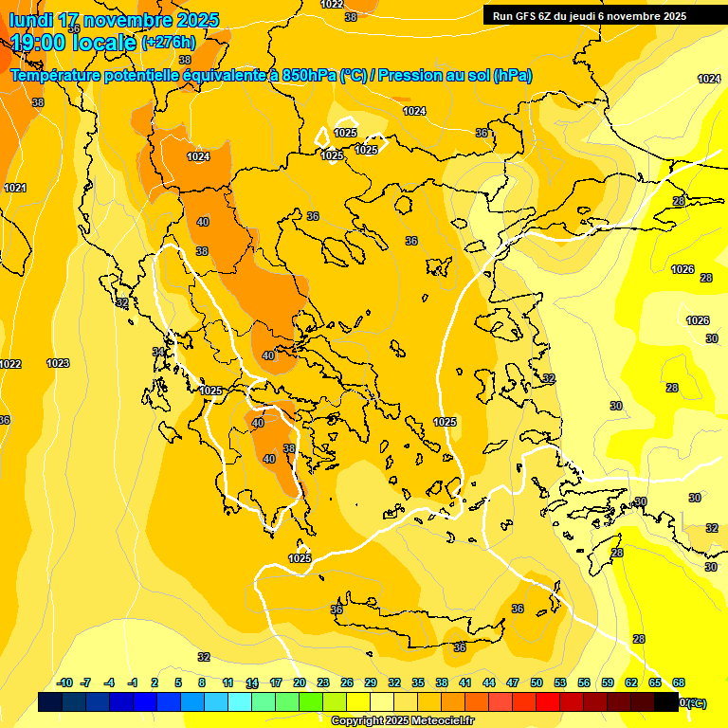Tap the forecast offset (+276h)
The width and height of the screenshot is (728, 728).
point(169,43)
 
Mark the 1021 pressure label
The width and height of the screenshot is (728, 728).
point(15,188)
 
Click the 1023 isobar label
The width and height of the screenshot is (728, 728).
point(58,363)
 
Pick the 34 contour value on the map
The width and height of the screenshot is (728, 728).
point(159,352)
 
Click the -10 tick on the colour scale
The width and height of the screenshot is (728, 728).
point(65,682)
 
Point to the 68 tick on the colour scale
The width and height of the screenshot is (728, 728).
point(679,682)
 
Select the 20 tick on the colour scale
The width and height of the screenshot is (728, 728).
point(300,682)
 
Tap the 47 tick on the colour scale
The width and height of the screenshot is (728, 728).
point(513,682)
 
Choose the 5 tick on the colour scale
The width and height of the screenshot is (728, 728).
point(179,682)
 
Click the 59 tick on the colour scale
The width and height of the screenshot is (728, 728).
point(608,682)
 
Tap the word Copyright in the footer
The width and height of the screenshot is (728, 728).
point(356,721)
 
